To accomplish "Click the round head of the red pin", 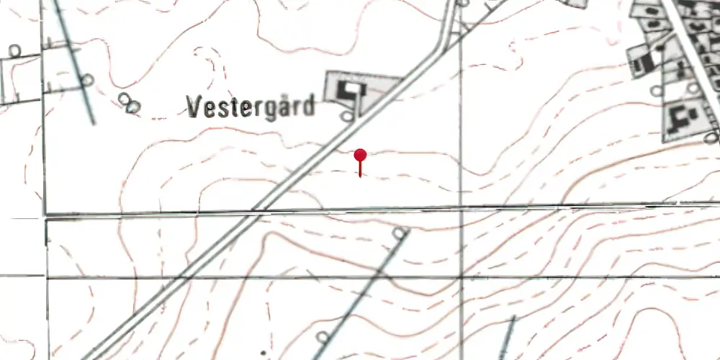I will [x=361, y=155].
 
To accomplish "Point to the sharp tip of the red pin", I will [x=361, y=176].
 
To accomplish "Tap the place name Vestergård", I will [x=251, y=107].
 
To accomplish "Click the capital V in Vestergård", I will [x=193, y=107].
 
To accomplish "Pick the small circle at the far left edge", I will [x=15, y=50].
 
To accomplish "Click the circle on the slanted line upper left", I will [x=86, y=80].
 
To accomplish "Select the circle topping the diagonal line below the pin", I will [x=401, y=233].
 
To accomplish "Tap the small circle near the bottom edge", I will [x=323, y=336].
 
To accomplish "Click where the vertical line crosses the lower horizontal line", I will [x=462, y=276].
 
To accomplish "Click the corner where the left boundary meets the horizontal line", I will [x=45, y=215].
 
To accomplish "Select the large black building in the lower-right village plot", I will [x=680, y=116].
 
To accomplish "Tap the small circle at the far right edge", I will [x=712, y=138].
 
